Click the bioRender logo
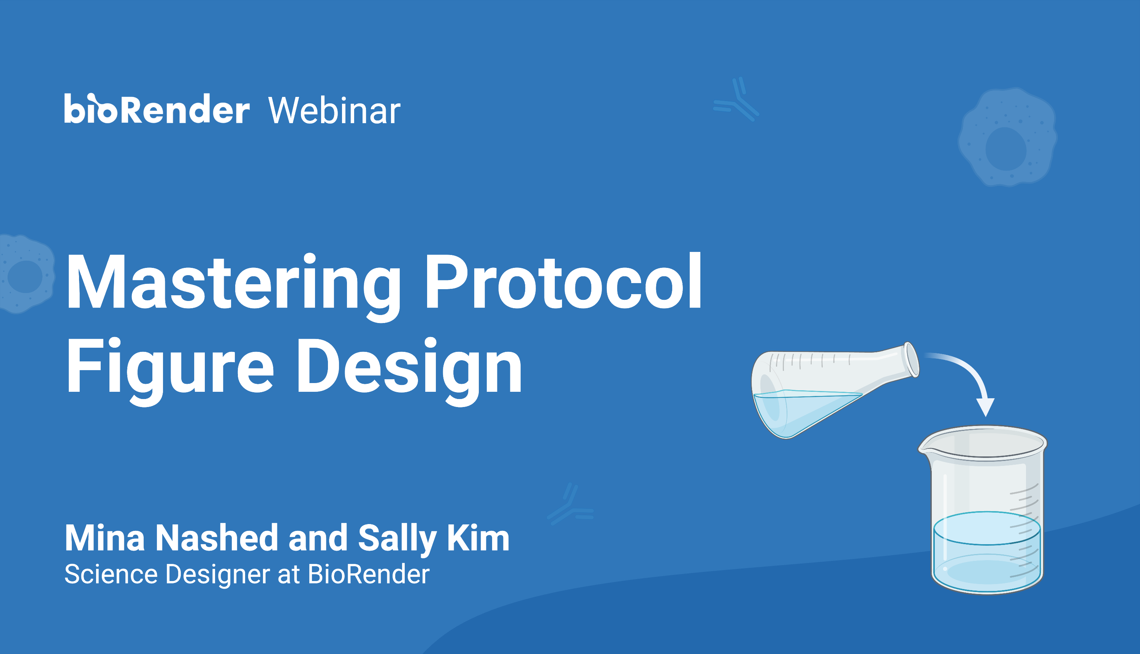pyautogui.click(x=156, y=109)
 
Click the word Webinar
pyautogui.click(x=334, y=111)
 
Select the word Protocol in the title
pyautogui.click(x=563, y=282)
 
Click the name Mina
pyautogui.click(x=104, y=538)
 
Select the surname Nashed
pyautogui.click(x=217, y=538)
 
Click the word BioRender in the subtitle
pyautogui.click(x=368, y=575)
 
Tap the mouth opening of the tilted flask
pyautogui.click(x=912, y=359)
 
